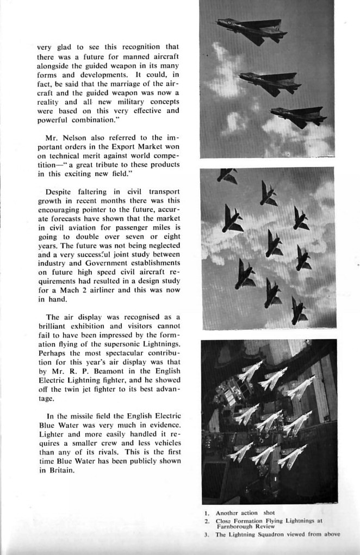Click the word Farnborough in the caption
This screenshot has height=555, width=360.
coord(237,526)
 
